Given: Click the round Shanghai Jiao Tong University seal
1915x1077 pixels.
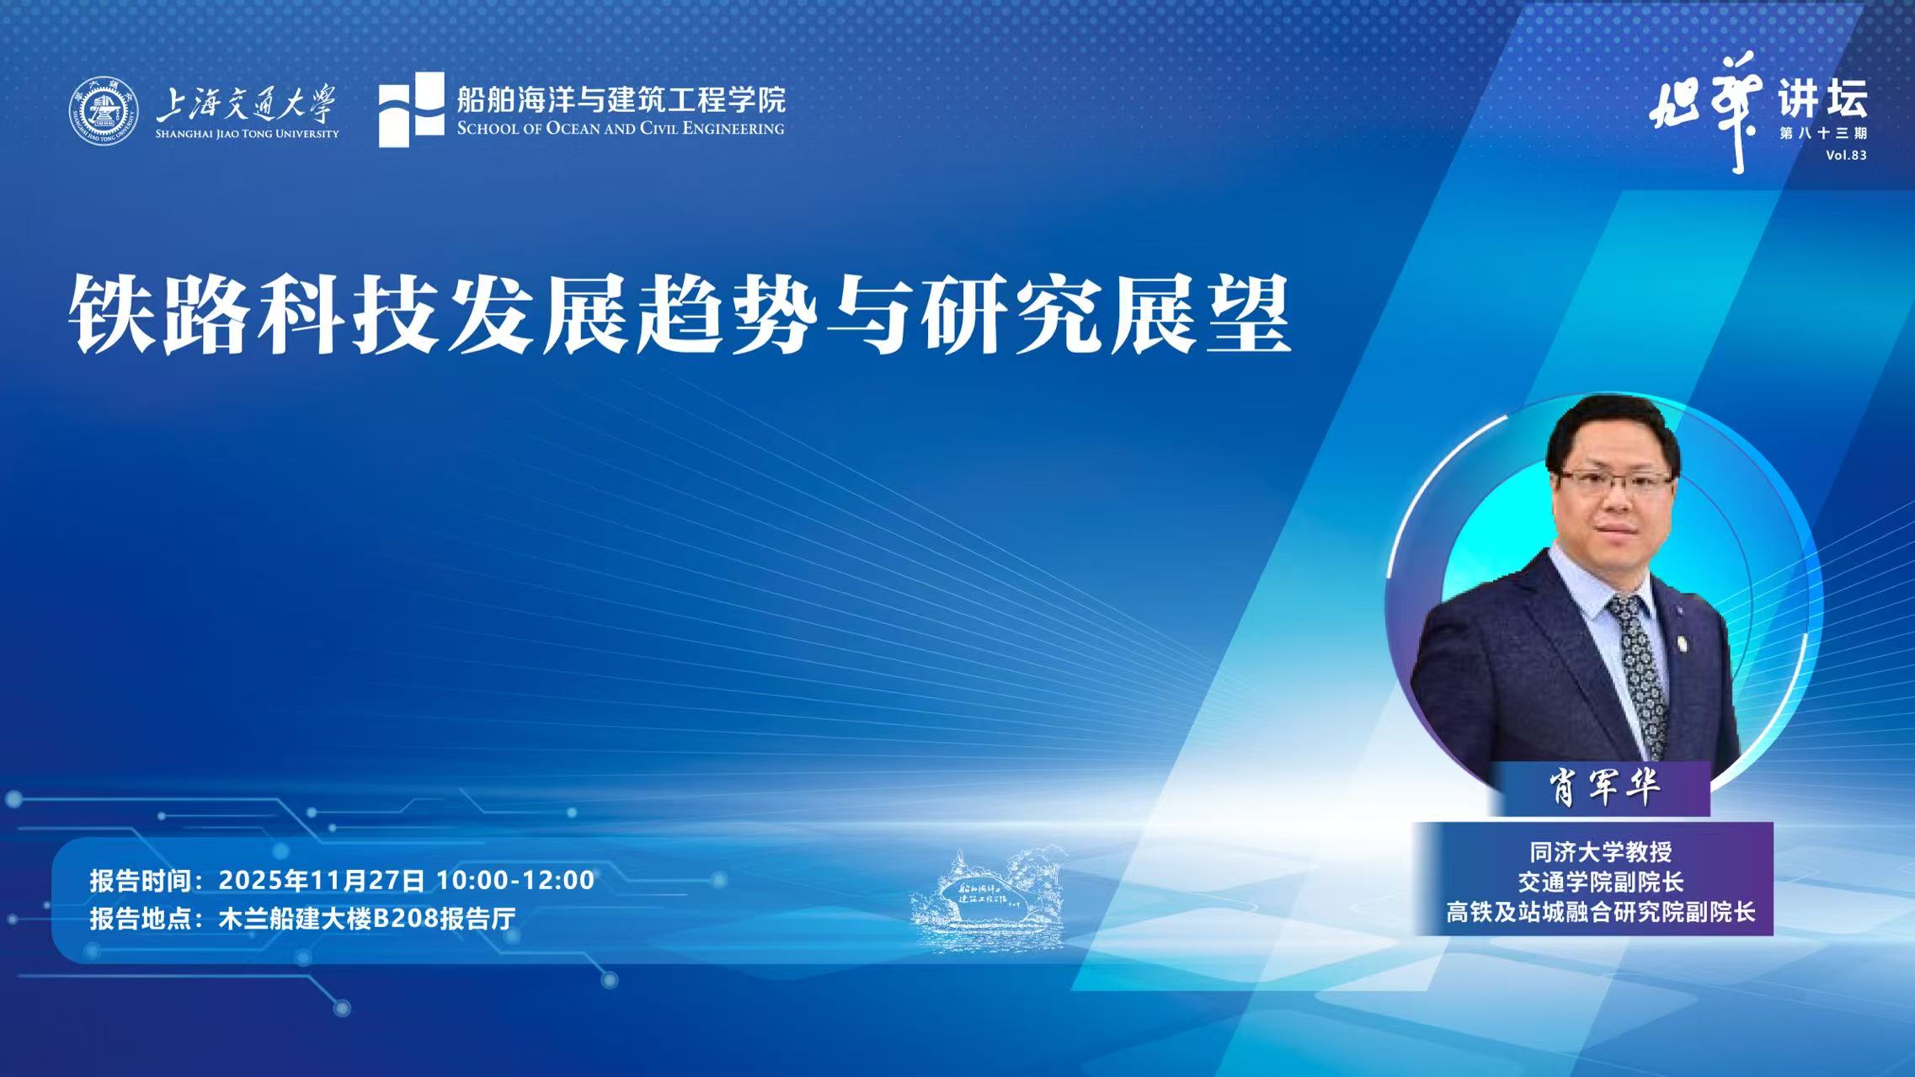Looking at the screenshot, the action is coord(104,111).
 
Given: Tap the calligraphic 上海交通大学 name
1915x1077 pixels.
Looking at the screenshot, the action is coord(246,104).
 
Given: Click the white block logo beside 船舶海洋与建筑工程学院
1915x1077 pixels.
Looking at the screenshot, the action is coord(411,109).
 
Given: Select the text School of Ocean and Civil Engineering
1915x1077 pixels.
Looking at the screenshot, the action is coord(621,129).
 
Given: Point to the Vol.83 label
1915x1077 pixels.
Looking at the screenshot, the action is coord(1846,155).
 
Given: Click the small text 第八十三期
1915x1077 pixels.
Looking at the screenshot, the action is coord(1823,133).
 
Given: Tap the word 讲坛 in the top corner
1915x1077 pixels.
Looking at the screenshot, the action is coord(1822,99).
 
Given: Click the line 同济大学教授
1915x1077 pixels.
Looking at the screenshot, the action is coord(1600,852).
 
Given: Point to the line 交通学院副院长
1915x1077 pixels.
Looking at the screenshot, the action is coord(1600,882).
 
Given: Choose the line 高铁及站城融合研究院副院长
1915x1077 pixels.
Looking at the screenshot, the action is coord(1600,912).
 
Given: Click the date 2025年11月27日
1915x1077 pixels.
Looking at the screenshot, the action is coord(322,880).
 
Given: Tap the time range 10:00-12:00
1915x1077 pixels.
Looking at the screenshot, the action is coord(515,880).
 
